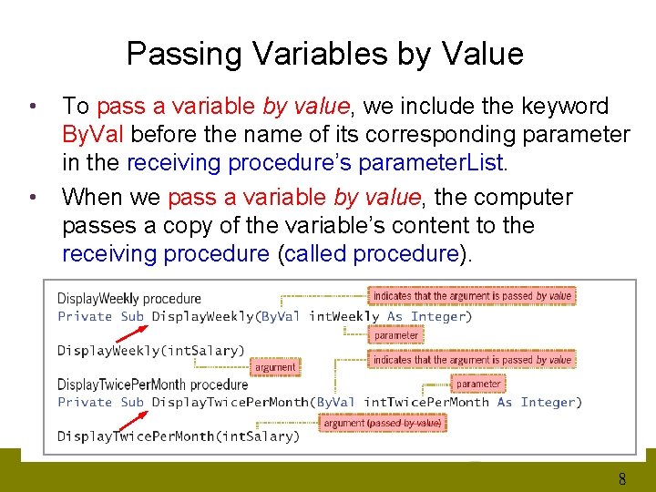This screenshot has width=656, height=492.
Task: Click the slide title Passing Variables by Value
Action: [x=324, y=54]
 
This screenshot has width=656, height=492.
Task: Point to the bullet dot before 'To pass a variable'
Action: [x=33, y=107]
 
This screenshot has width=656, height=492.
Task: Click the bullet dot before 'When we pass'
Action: [x=33, y=198]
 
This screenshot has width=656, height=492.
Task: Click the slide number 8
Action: [x=621, y=479]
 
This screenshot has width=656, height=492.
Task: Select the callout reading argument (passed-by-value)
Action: [x=382, y=423]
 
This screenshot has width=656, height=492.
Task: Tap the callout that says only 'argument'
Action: [x=275, y=367]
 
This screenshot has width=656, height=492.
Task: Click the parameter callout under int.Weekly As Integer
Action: [x=396, y=335]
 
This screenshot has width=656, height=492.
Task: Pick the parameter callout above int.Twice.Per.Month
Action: [x=478, y=384]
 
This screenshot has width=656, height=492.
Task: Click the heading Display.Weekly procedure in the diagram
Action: [x=129, y=299]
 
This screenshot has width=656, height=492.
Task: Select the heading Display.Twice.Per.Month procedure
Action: [x=152, y=384]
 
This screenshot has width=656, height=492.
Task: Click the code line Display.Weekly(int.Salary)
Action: [x=151, y=350]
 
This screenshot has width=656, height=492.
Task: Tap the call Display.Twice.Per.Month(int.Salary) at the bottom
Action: [x=179, y=436]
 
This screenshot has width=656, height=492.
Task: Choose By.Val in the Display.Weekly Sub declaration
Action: [x=281, y=316]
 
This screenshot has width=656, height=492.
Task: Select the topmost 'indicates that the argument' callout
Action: [x=472, y=295]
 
